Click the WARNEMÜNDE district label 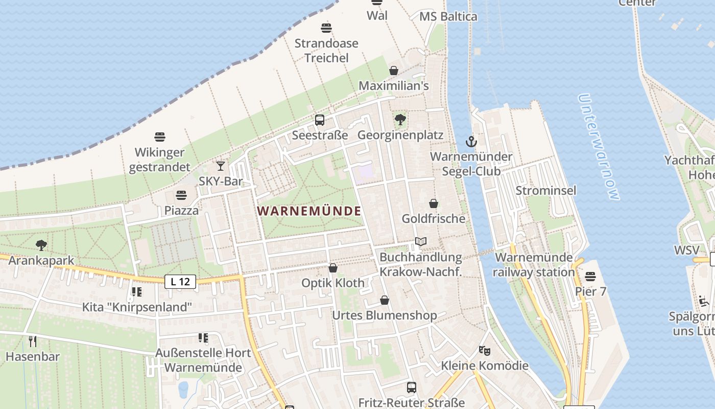[309, 211]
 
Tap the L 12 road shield [180, 281]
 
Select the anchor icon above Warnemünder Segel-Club [471, 142]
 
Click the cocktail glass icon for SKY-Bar [221, 166]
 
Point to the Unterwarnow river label [599, 147]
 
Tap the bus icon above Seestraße [320, 120]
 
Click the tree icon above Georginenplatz [400, 120]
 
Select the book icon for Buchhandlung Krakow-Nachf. [421, 241]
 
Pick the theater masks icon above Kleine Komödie [485, 351]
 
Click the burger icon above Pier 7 [590, 277]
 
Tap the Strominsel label [546, 191]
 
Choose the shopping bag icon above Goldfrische [434, 203]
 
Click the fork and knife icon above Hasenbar [33, 341]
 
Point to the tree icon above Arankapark [41, 245]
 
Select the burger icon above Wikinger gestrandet [160, 137]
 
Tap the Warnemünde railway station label [534, 265]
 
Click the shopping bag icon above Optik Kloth [333, 268]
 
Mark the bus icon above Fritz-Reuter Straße [412, 388]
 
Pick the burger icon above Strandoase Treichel [326, 28]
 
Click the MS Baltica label [448, 16]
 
